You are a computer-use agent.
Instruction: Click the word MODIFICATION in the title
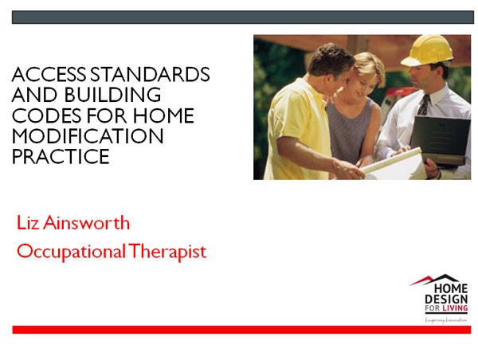pyautogui.click(x=88, y=137)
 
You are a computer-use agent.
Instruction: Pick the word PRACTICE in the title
pyautogui.click(x=61, y=157)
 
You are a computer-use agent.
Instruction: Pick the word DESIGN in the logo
pyautogui.click(x=451, y=298)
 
